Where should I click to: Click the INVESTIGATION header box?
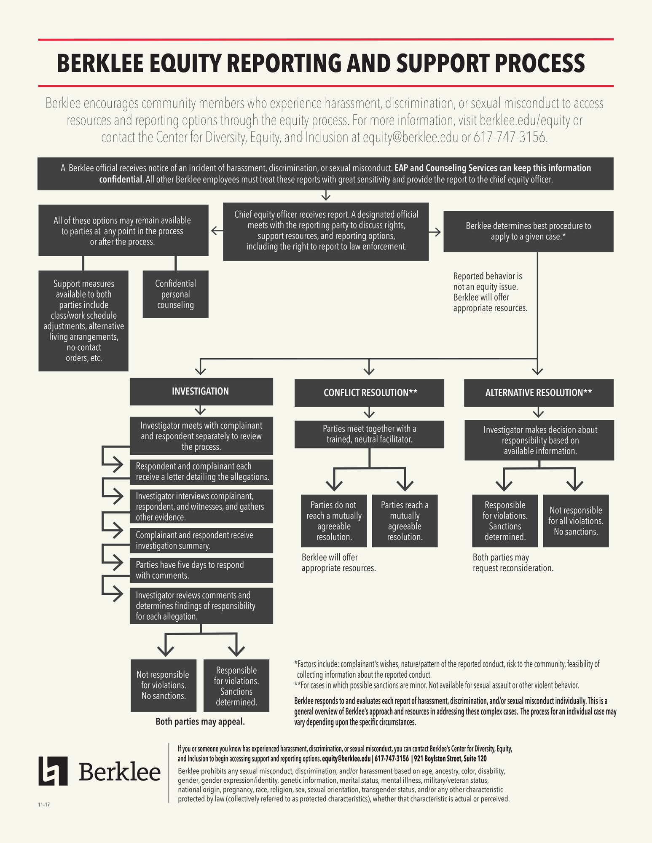[201, 391]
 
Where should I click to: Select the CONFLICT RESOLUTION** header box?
[369, 393]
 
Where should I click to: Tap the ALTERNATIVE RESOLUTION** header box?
[539, 393]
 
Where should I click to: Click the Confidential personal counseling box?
[175, 294]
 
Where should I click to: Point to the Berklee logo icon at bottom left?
[53, 771]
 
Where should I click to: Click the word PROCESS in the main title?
[540, 63]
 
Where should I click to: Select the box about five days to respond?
[201, 570]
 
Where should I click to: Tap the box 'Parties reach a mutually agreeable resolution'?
[405, 521]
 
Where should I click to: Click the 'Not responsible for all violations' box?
[576, 521]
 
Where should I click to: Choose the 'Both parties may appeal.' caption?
[200, 722]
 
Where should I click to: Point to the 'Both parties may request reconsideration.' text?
[513, 563]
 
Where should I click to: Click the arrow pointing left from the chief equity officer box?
[217, 231]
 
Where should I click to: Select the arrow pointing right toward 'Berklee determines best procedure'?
[435, 232]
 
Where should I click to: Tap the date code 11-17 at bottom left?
[44, 805]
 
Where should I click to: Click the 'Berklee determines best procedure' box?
[529, 231]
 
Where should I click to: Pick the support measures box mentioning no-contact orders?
[83, 321]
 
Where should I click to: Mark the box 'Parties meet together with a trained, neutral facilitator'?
[369, 434]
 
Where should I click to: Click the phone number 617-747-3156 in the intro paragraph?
[510, 137]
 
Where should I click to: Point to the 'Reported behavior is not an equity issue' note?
[490, 292]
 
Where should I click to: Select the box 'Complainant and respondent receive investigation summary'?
[201, 540]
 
